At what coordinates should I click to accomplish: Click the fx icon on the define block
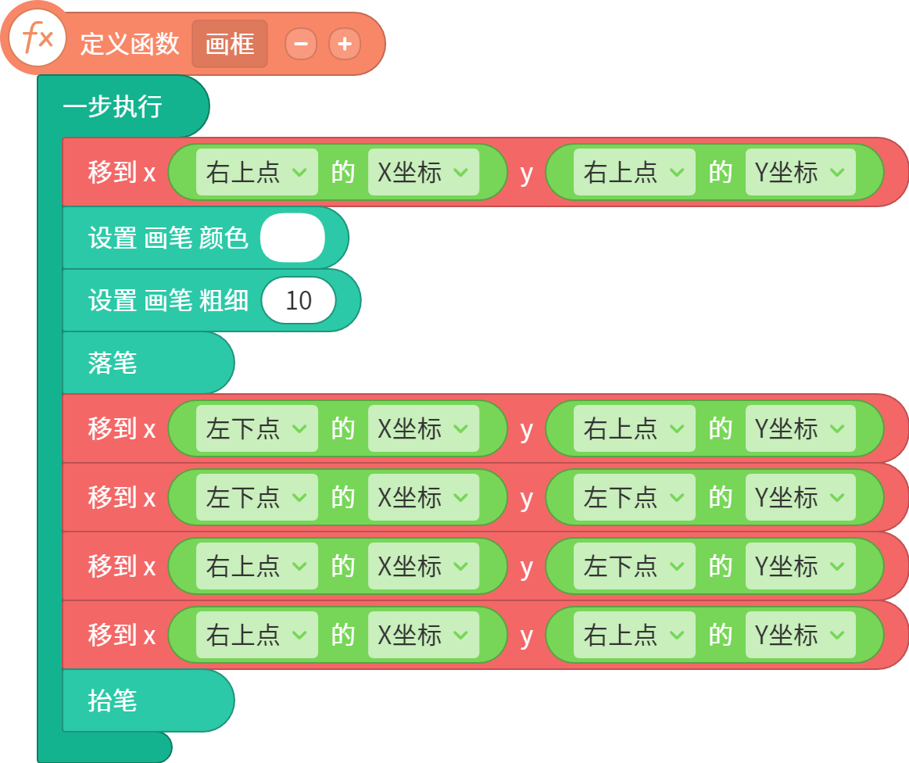[38, 39]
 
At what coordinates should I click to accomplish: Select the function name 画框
[230, 44]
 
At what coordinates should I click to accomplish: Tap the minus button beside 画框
[301, 44]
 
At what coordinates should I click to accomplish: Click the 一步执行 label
[113, 106]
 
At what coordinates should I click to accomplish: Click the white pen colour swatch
[293, 238]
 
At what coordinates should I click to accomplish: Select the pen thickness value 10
[299, 300]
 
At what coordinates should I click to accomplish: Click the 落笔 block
[149, 363]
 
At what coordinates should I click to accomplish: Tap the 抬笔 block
[149, 700]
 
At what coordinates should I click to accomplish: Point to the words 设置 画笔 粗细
[168, 300]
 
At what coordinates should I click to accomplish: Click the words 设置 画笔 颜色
[168, 238]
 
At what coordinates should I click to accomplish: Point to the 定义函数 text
[130, 44]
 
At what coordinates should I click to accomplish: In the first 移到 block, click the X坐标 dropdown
[423, 172]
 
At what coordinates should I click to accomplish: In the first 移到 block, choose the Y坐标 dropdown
[800, 172]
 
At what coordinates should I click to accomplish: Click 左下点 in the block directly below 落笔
[257, 428]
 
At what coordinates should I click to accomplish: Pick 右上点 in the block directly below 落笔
[634, 428]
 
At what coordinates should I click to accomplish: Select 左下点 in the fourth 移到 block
[634, 566]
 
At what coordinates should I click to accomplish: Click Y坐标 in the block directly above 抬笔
[800, 635]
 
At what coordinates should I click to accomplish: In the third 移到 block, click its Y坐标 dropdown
[800, 497]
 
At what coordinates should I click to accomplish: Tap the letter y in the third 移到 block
[526, 499]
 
